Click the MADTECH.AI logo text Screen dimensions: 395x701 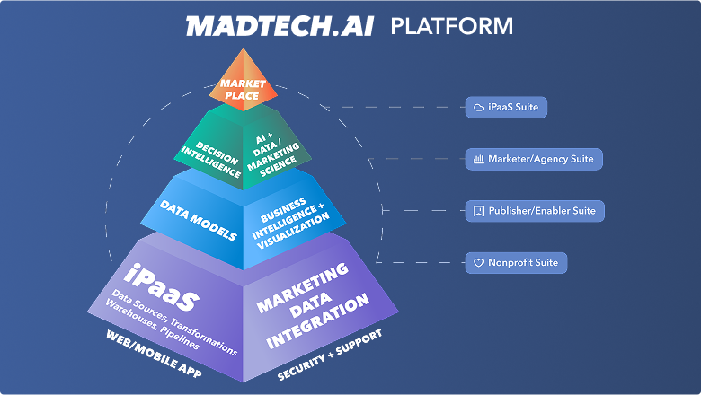point(280,25)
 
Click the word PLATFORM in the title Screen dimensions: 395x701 point(451,25)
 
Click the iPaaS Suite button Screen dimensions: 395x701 point(506,108)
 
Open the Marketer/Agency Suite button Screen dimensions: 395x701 point(534,159)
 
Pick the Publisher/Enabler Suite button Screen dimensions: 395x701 point(536,211)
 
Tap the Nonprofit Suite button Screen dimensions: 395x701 point(516,263)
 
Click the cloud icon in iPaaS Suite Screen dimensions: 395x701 point(478,108)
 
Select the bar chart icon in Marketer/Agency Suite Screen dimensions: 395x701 point(478,159)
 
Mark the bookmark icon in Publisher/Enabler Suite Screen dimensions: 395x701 point(478,211)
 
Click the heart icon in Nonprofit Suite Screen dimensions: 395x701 point(478,263)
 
